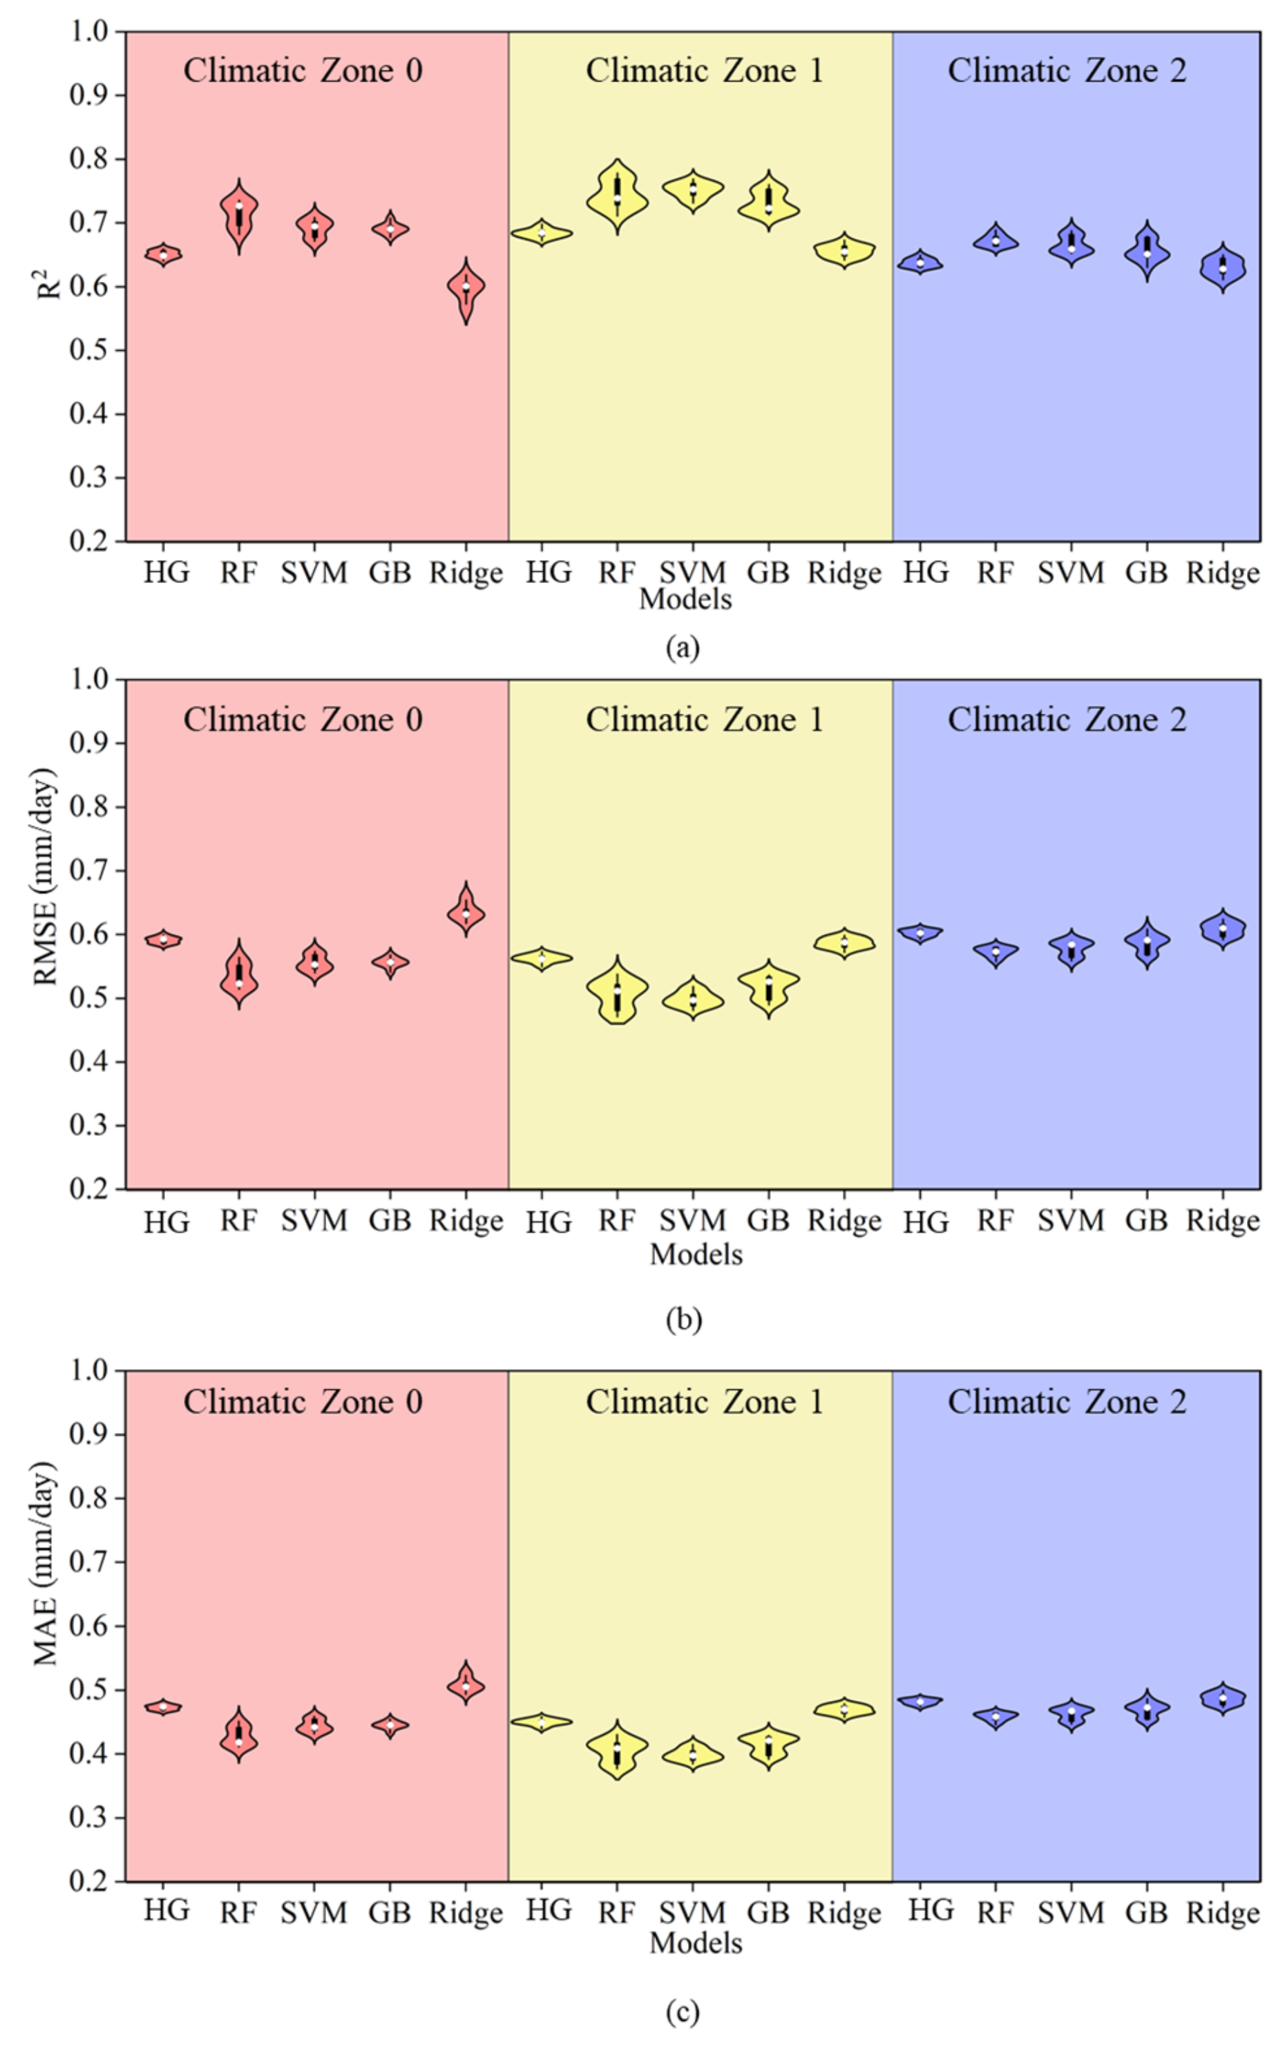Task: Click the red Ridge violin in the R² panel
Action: [466, 289]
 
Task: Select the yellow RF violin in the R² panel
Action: [618, 198]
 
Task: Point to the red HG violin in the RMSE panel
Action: [163, 940]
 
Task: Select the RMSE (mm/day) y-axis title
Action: [44, 877]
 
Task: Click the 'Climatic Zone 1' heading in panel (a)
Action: [704, 70]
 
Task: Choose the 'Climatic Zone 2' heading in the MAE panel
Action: [1067, 1402]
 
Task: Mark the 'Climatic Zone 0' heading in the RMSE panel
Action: [303, 720]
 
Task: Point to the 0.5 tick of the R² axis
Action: [90, 350]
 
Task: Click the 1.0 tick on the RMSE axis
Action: [90, 679]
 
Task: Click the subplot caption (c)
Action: [683, 2011]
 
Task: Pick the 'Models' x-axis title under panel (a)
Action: [685, 600]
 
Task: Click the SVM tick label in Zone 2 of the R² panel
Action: [1070, 573]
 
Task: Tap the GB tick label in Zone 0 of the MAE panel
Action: [390, 1912]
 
